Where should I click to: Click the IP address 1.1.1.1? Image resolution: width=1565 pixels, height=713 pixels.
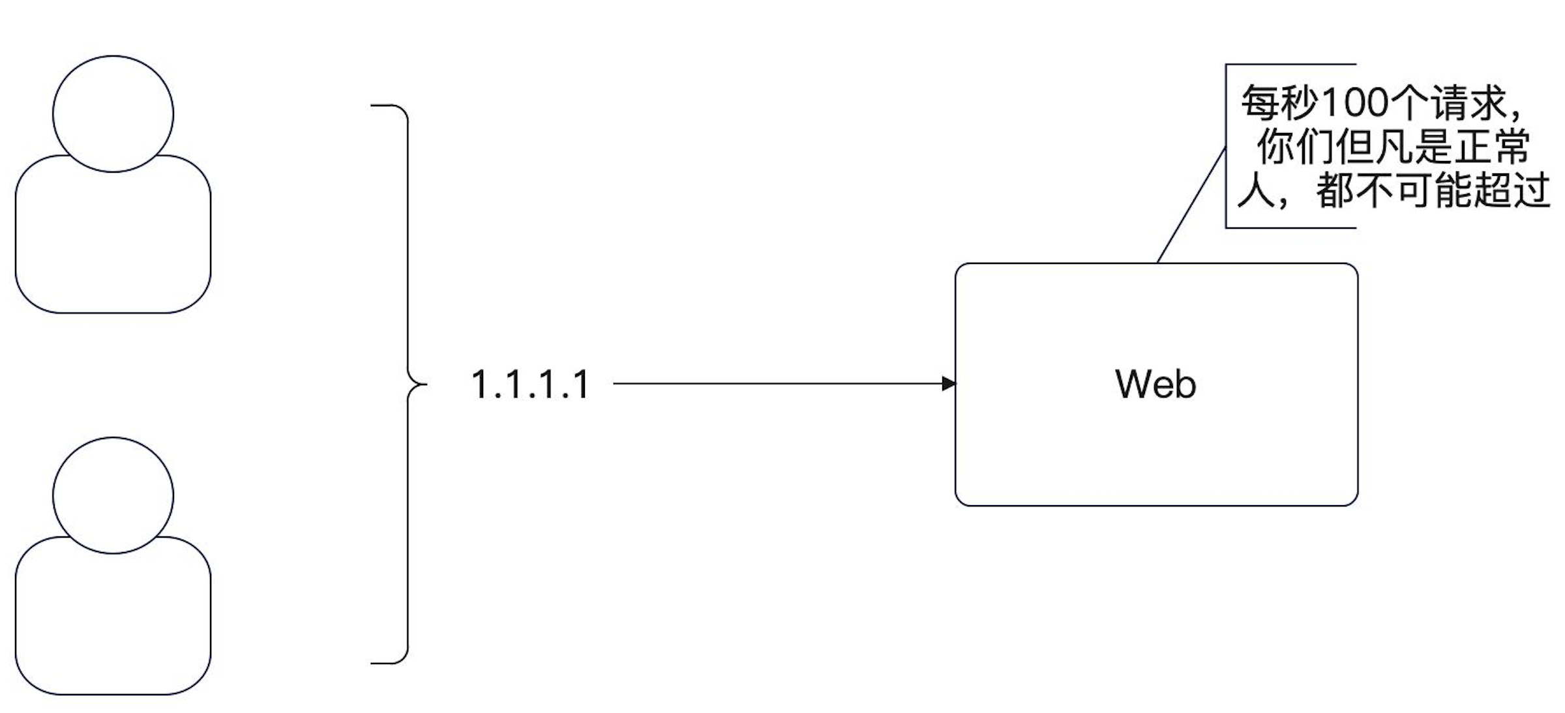530,385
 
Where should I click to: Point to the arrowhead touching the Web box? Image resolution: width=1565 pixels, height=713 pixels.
949,384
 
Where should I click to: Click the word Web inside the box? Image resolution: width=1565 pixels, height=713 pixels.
1156,384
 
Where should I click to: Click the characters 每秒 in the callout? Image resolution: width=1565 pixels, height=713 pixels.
1281,103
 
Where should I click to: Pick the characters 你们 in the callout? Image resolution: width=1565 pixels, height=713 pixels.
1296,147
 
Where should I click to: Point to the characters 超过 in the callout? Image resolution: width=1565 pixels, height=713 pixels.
1511,191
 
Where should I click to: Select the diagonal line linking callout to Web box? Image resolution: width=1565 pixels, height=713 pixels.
1191,205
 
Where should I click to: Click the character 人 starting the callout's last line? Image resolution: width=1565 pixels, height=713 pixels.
1257,191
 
